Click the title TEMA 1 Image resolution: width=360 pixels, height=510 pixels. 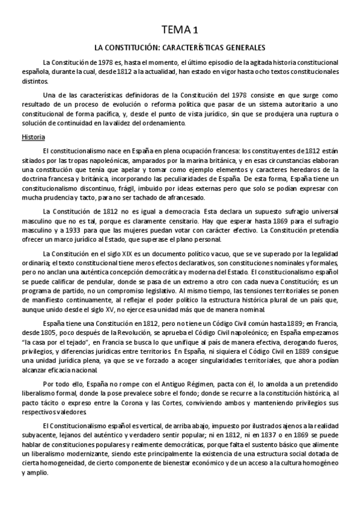(x=180, y=28)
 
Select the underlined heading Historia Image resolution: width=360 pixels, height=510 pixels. (x=29, y=137)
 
